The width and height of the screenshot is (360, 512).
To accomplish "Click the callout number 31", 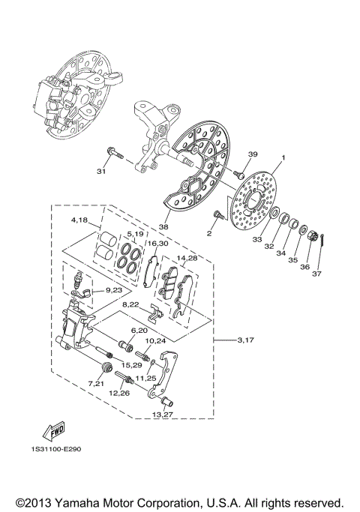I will (x=101, y=171).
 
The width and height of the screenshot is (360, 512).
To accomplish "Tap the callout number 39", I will (x=253, y=154).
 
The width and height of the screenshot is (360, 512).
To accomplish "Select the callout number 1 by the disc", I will (x=283, y=159).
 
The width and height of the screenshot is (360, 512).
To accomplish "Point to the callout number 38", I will (x=163, y=224).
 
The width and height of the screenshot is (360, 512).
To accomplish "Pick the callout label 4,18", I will (x=79, y=220).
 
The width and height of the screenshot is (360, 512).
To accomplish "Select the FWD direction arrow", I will (x=54, y=432).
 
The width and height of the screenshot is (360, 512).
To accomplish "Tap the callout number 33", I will (x=257, y=240).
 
